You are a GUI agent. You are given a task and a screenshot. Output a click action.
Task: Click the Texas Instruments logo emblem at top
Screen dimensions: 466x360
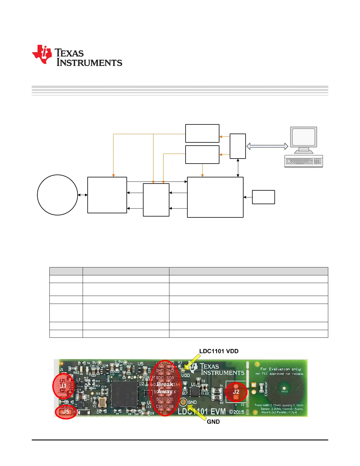42,54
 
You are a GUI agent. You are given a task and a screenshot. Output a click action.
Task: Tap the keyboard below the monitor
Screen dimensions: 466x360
304,162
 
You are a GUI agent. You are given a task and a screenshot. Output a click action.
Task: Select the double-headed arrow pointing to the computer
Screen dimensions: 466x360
267,146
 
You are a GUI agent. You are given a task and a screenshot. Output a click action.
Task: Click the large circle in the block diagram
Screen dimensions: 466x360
57,195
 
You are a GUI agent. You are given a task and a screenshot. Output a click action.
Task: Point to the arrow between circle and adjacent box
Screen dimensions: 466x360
83,195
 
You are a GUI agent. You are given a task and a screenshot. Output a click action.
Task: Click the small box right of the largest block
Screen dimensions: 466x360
264,197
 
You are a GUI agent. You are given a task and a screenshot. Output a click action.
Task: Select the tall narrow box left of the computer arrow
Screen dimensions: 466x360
238,146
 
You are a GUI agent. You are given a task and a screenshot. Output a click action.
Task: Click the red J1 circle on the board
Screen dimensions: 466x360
63,386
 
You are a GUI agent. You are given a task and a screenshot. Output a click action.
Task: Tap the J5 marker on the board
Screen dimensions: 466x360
66,412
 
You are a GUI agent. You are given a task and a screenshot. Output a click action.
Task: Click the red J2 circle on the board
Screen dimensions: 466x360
236,392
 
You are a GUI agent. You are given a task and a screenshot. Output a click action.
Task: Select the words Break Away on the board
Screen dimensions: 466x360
165,388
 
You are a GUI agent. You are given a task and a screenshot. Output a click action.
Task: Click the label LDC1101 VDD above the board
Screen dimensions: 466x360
219,351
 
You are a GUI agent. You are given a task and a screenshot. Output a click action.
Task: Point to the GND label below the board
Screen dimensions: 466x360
213,422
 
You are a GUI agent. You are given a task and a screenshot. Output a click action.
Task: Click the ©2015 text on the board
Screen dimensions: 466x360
237,412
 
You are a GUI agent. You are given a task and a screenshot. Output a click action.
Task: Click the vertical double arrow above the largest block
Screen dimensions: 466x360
238,168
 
